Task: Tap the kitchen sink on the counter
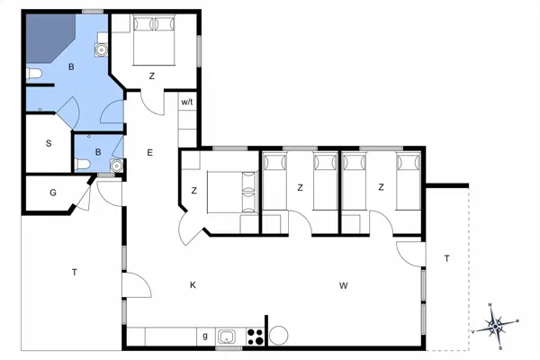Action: (x=228, y=337)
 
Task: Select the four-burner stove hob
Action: (x=255, y=337)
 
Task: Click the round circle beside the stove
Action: (x=278, y=336)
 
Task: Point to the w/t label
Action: (x=187, y=103)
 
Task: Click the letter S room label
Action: (x=49, y=144)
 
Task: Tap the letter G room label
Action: (x=53, y=192)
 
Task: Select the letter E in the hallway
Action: (x=150, y=154)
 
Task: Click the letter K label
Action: (x=193, y=285)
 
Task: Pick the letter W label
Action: (x=344, y=285)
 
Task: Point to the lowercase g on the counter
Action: (x=205, y=337)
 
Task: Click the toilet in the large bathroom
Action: (x=33, y=74)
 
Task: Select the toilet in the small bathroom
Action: (x=82, y=164)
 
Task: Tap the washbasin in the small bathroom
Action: (x=114, y=166)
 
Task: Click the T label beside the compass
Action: (x=446, y=259)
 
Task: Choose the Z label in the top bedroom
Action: (x=152, y=76)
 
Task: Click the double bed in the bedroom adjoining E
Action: (x=230, y=190)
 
